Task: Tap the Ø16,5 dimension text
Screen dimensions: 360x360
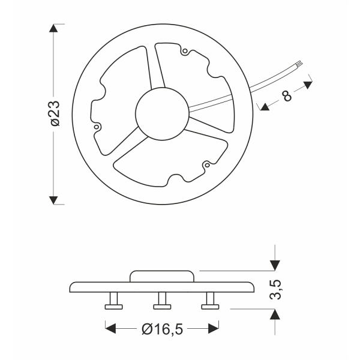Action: (162, 329)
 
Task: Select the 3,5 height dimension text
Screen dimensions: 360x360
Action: (275, 289)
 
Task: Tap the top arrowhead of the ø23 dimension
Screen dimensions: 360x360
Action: (55, 29)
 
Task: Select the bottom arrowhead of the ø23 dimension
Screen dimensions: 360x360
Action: (55, 199)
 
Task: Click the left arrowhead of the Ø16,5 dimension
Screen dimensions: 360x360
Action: (110, 328)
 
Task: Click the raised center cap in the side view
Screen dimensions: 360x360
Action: (162, 275)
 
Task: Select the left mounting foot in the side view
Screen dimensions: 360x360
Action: (113, 301)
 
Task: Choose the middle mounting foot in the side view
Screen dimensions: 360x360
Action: (162, 301)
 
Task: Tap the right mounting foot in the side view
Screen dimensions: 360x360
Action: (210, 301)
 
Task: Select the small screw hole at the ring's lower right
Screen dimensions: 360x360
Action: (207, 163)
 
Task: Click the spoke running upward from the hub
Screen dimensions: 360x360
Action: (158, 68)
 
